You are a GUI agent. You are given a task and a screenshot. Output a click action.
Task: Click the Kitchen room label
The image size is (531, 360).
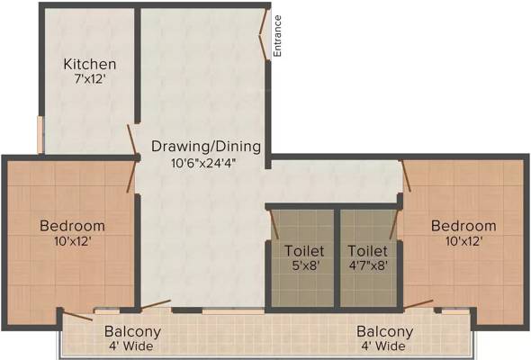[90, 64]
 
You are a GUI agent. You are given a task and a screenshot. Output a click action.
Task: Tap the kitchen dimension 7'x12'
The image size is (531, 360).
[90, 79]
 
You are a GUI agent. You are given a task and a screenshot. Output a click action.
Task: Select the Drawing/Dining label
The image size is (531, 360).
[206, 147]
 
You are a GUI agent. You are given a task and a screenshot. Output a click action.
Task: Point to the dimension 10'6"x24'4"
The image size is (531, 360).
[203, 163]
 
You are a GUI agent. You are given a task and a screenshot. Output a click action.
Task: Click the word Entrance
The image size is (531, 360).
[277, 36]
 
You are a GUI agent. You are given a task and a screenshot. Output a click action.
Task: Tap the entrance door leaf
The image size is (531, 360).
[264, 34]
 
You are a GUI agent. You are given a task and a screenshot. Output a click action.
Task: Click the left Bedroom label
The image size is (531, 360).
[72, 226]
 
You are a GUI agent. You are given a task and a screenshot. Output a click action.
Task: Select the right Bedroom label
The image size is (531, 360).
[463, 226]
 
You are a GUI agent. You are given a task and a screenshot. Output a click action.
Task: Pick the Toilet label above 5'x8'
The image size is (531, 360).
[304, 251]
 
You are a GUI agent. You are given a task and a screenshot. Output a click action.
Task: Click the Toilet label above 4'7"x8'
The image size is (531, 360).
[368, 251]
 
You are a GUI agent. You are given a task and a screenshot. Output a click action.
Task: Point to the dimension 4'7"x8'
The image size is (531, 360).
[368, 265]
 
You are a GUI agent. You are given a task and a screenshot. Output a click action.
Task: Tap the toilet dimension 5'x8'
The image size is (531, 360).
[305, 265]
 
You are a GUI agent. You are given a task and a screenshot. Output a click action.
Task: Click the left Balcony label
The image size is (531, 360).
[132, 331]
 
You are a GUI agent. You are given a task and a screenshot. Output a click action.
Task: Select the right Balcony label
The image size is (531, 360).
[384, 331]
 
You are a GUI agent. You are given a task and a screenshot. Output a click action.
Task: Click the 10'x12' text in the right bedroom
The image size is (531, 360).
[463, 241]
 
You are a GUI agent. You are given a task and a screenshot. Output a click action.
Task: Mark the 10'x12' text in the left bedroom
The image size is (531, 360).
[73, 241]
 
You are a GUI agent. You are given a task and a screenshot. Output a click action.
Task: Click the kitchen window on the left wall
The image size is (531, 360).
[40, 135]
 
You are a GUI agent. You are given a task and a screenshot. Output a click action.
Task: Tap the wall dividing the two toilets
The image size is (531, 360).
[337, 258]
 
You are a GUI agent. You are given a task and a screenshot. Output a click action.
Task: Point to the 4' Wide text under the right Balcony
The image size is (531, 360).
[383, 346]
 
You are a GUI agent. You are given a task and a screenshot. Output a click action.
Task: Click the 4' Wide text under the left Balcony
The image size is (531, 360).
[131, 346]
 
